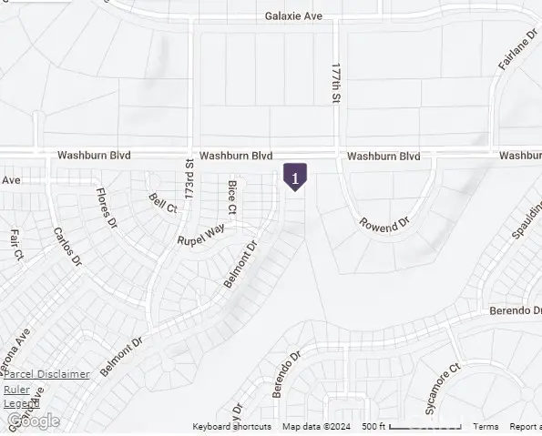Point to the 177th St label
coord(336,83)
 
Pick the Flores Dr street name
coord(107,208)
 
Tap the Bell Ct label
coord(163,202)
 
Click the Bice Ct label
coord(232,198)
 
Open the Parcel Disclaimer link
coord(46,374)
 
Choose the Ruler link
coord(16,390)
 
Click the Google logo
coord(33,421)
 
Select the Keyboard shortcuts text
coord(231,427)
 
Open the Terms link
coord(486,427)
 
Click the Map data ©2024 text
coord(316,427)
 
